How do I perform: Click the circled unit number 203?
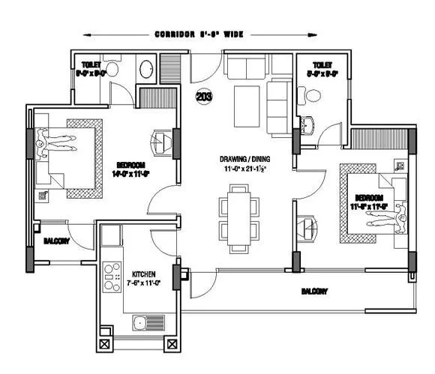point(202,97)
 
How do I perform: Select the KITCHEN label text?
point(142,274)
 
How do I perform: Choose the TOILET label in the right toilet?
point(322,65)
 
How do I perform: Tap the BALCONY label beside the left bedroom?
point(57,241)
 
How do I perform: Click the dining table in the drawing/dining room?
point(239,217)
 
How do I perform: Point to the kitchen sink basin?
point(139,324)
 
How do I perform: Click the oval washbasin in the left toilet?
point(145,70)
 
